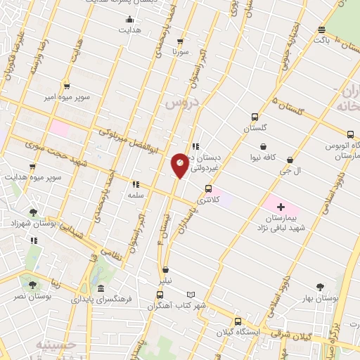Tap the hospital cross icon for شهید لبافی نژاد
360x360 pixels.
[x=281, y=207]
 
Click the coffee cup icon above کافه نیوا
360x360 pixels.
[x=263, y=147]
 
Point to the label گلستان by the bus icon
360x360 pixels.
[x=256, y=129]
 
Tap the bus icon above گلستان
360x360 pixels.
[x=255, y=117]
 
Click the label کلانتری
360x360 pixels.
[x=207, y=200]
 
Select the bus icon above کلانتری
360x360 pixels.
[x=207, y=188]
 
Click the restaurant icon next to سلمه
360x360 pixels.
[x=135, y=184]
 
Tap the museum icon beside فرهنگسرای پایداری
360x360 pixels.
[x=101, y=288]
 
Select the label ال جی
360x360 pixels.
[x=291, y=171]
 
